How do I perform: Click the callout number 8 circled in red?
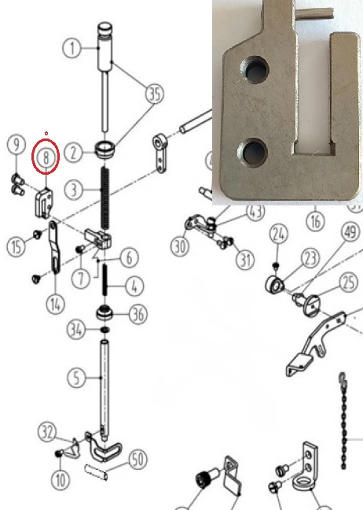pos(46,157)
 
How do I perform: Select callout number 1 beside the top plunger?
pos(71,49)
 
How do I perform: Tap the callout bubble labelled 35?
pos(155,94)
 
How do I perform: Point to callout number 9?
pos(16,144)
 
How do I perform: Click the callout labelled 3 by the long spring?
pos(74,190)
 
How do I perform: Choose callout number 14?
pos(56,305)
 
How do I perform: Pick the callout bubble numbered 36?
pos(138,315)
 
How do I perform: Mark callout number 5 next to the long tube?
pos(77,378)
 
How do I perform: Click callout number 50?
pos(138,460)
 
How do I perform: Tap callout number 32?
pos(47,432)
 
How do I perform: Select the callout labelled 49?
pos(350,232)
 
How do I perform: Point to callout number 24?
pos(279,235)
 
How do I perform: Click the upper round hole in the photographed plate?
pos(255,70)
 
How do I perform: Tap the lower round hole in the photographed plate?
pos(252,153)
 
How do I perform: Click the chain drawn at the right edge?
pos(343,420)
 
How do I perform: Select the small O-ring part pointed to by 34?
pos(104,330)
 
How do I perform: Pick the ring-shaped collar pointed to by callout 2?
pos(104,150)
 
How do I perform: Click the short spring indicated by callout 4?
pos(104,279)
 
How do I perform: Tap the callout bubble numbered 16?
pos(316,221)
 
